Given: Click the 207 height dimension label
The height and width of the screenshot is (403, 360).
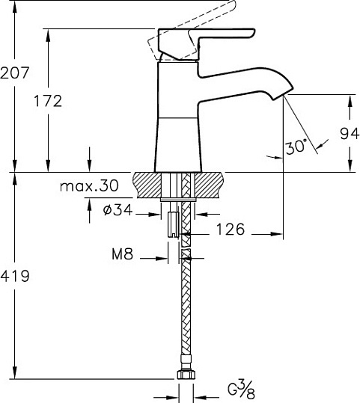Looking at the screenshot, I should (15, 73).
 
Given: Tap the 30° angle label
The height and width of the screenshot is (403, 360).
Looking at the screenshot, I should (296, 147).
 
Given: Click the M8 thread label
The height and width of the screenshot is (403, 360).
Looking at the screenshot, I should (123, 255).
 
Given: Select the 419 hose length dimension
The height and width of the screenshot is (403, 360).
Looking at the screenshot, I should (15, 276).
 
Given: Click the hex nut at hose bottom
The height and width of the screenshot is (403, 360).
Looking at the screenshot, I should (184, 378).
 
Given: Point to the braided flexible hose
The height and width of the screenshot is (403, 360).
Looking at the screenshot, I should (184, 314).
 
